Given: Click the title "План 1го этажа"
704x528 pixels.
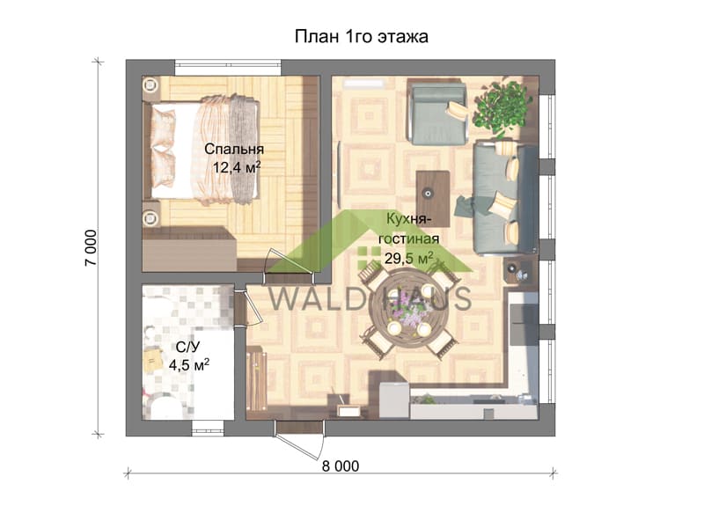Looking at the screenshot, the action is (361, 36).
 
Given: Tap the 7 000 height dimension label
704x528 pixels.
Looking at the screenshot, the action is (91, 247).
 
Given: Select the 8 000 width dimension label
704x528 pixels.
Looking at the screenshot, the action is (341, 466).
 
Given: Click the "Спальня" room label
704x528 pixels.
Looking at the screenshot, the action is (234, 149).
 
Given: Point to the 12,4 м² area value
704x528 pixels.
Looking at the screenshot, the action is (237, 167).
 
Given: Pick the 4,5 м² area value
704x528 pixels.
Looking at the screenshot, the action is (189, 364).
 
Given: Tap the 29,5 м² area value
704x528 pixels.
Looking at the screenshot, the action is (409, 258).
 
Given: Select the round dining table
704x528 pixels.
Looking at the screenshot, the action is (408, 310).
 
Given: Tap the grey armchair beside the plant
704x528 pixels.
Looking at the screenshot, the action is (439, 113).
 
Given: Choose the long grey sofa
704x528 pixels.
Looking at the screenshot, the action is (505, 198).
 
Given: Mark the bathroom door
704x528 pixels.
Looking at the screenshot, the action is (247, 307).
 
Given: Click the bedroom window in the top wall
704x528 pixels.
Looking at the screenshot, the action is (228, 68).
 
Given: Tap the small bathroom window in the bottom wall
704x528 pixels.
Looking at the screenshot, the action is (208, 428).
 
